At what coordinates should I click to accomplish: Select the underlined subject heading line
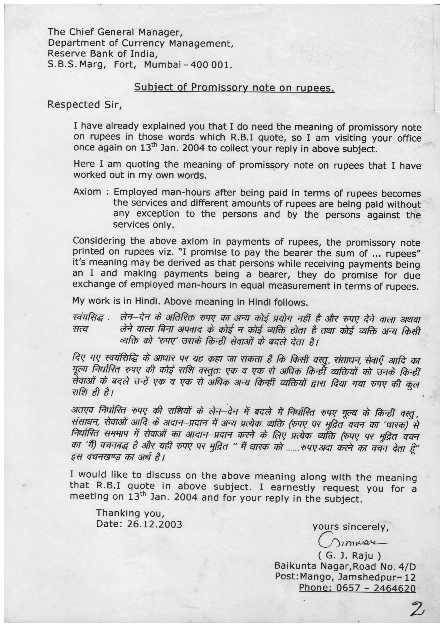234,88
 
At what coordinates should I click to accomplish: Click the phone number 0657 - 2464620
357,588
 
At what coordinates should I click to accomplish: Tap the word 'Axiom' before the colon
87,192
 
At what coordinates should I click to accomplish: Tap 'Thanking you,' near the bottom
130,513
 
